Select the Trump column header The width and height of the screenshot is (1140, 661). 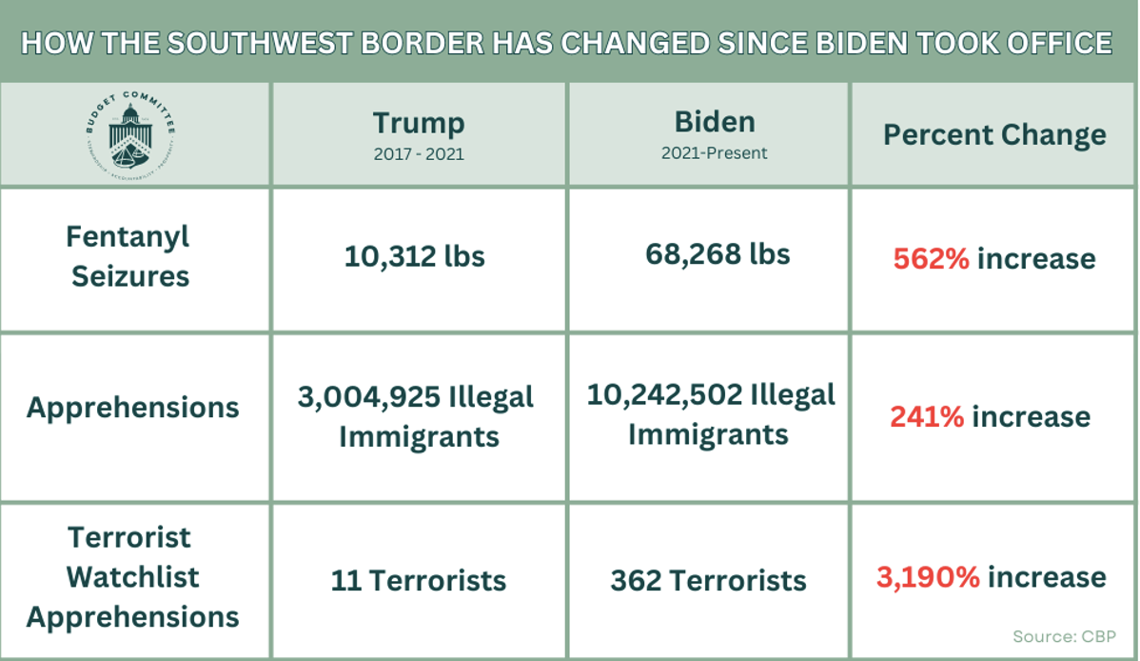click(x=418, y=123)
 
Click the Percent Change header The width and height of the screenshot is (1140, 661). click(x=994, y=134)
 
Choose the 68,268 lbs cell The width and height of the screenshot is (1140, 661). click(x=717, y=254)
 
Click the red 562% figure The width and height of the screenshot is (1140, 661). click(x=931, y=258)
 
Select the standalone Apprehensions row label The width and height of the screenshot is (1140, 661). click(x=132, y=408)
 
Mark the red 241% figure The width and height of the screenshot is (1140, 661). click(x=927, y=416)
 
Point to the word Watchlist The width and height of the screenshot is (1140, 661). click(x=132, y=577)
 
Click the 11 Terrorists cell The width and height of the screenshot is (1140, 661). click(x=418, y=580)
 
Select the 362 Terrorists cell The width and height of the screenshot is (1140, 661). click(x=708, y=580)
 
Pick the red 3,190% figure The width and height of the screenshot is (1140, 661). click(x=927, y=577)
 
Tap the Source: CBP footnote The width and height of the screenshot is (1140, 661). click(x=1063, y=636)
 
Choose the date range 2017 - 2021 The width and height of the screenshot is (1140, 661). click(x=418, y=152)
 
